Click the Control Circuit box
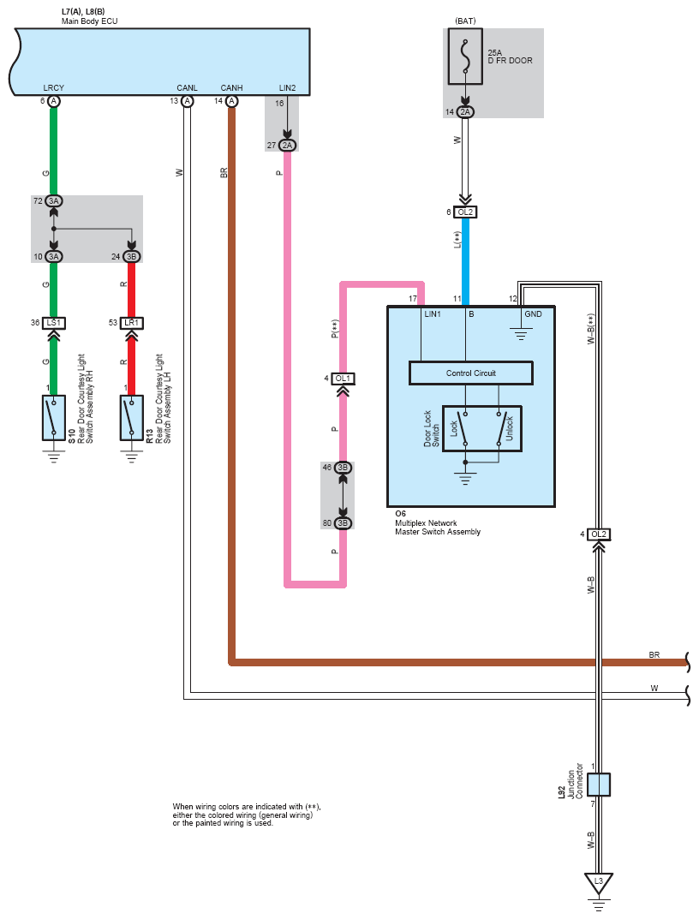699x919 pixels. [471, 373]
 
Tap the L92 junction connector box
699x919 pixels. [599, 785]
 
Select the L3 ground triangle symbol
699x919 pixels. [599, 883]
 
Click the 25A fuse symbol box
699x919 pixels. [466, 57]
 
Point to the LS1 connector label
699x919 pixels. [53, 323]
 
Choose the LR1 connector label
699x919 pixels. [131, 323]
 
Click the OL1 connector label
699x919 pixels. [343, 379]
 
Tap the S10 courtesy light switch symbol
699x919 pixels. [53, 418]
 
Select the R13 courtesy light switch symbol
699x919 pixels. [131, 418]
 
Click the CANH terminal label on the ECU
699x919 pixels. [231, 88]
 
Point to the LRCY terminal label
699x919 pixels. [53, 88]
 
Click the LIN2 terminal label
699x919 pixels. [287, 88]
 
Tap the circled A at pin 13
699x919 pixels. [187, 101]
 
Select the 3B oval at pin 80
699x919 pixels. [343, 522]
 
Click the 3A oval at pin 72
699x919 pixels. [54, 201]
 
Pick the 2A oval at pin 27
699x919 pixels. [287, 146]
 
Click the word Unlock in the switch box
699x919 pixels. [509, 428]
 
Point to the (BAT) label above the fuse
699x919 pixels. [466, 21]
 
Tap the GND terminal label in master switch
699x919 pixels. [533, 314]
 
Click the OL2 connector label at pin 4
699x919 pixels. [599, 534]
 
